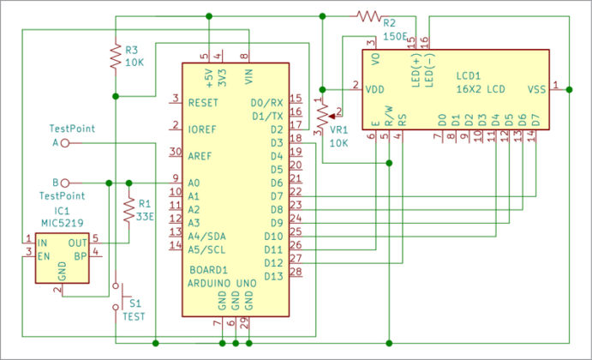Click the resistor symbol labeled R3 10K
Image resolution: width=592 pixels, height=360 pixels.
click(x=114, y=56)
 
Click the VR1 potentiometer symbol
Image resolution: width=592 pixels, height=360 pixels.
click(x=322, y=112)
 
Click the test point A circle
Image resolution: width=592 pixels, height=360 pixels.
click(x=65, y=143)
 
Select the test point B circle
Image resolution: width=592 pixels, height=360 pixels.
click(x=65, y=183)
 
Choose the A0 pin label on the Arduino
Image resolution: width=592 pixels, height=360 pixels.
click(x=194, y=183)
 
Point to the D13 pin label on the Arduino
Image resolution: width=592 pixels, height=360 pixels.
click(x=273, y=275)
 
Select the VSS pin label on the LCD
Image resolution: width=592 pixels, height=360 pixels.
click(x=536, y=88)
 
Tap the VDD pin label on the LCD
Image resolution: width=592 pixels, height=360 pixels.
click(x=374, y=87)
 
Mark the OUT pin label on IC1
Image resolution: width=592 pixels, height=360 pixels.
click(x=78, y=241)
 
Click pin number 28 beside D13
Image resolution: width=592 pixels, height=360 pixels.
click(x=296, y=273)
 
